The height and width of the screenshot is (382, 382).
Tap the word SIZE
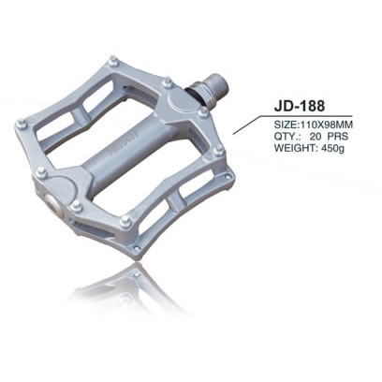[286, 122]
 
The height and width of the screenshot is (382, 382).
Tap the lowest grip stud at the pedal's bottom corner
[137, 249]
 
